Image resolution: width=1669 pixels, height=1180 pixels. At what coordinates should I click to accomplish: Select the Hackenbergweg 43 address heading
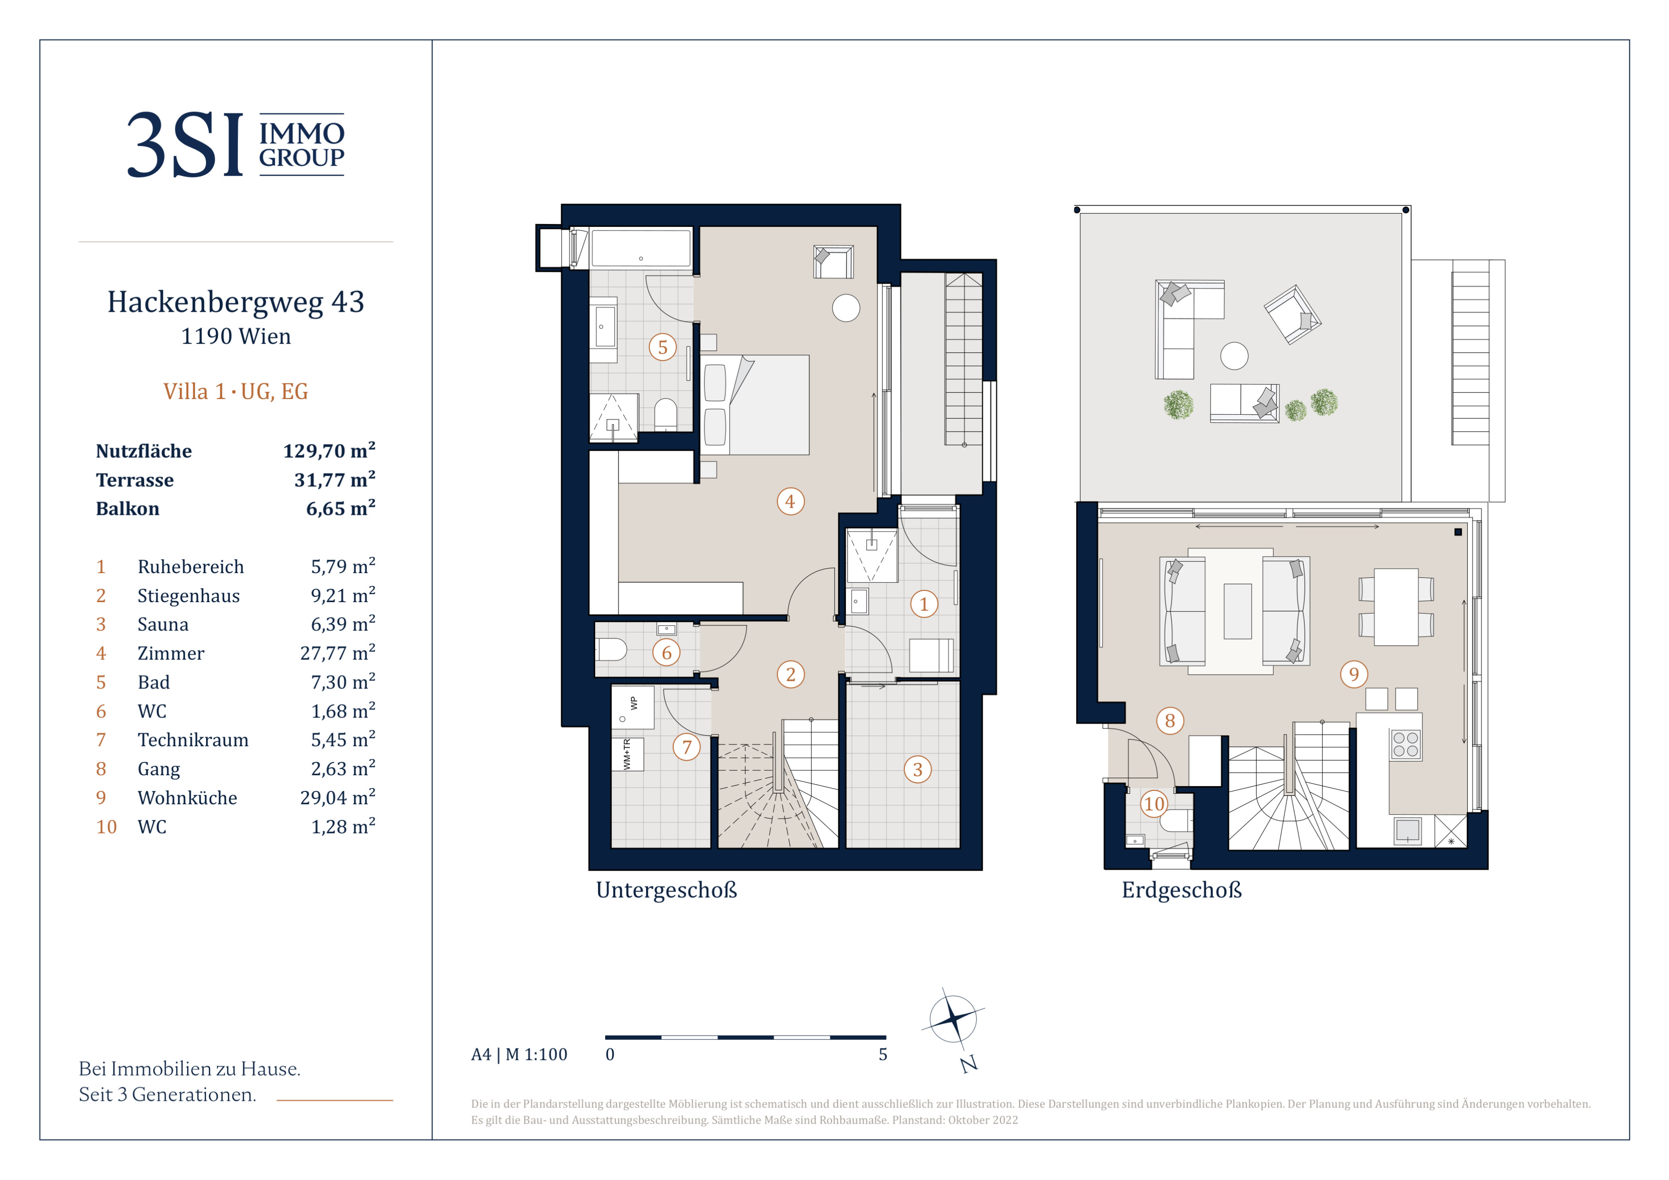[236, 301]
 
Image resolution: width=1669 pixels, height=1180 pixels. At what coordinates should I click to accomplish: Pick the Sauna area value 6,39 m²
[343, 624]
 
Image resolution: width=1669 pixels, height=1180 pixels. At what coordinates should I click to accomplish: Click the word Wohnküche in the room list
[187, 798]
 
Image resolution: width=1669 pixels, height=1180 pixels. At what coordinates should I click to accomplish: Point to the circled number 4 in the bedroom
[790, 502]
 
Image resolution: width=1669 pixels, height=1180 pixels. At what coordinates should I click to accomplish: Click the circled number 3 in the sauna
[917, 770]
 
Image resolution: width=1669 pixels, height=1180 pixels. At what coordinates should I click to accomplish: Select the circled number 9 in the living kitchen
[1353, 674]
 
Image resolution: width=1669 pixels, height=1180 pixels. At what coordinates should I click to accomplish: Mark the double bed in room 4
[755, 405]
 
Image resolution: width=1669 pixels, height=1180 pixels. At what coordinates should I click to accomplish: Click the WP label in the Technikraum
[634, 703]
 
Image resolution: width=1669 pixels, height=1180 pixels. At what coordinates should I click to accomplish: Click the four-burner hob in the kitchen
[1405, 745]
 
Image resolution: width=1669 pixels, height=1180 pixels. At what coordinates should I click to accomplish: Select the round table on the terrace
[1234, 356]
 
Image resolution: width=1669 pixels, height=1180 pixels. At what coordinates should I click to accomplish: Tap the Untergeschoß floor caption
[667, 890]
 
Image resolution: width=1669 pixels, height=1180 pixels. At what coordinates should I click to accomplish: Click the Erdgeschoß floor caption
[1182, 890]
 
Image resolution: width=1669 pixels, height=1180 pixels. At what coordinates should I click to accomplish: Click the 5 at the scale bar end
[883, 1054]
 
